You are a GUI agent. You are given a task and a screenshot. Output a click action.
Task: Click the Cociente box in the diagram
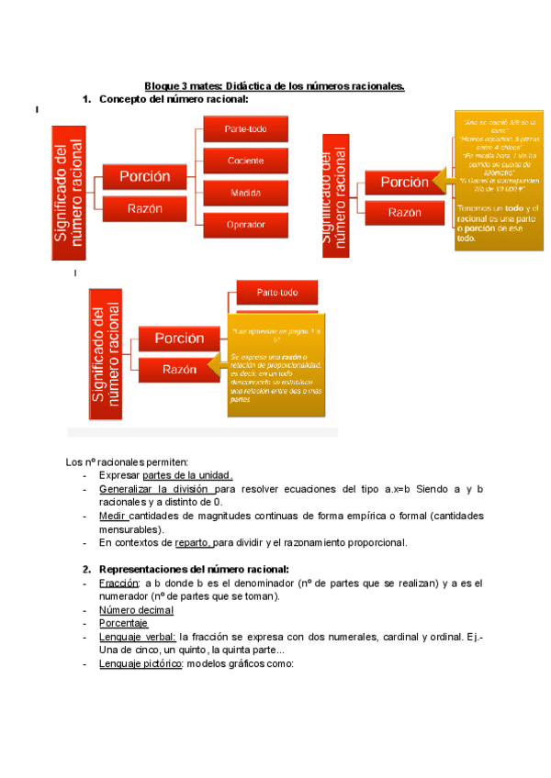tap(245, 161)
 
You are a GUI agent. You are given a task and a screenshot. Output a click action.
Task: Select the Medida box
tap(245, 193)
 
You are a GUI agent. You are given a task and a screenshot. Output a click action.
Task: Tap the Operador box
tap(245, 224)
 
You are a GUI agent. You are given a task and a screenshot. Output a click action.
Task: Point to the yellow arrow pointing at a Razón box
tap(218, 367)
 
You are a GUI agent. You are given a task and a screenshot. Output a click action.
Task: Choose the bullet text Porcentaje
tap(124, 622)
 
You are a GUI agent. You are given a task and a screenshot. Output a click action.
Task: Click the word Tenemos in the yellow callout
tap(475, 208)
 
